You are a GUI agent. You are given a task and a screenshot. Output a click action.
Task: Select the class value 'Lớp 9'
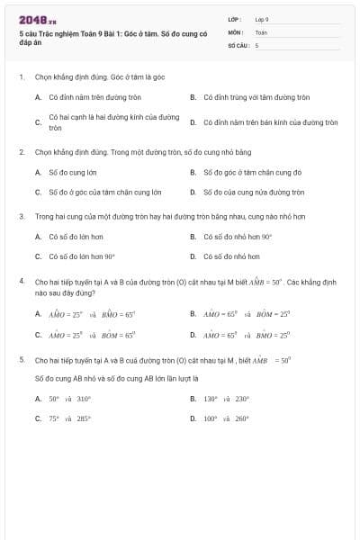pyautogui.click(x=262, y=19)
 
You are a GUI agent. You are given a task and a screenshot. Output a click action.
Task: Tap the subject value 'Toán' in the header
pyautogui.click(x=261, y=31)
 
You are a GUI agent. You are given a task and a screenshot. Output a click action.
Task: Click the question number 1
pyautogui.click(x=21, y=77)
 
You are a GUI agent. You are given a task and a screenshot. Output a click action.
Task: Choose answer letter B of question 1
pyautogui.click(x=193, y=96)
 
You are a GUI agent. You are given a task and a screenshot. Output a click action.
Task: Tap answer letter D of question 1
pyautogui.click(x=193, y=121)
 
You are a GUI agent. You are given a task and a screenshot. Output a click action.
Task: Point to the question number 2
pyautogui.click(x=21, y=152)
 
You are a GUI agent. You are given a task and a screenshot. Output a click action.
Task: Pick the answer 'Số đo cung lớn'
pyautogui.click(x=73, y=171)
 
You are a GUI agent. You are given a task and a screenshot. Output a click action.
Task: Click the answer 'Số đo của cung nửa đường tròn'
pyautogui.click(x=254, y=192)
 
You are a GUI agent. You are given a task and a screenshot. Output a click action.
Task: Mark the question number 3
pyautogui.click(x=21, y=217)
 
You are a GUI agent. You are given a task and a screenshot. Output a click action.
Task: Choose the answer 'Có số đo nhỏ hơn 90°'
pyautogui.click(x=238, y=237)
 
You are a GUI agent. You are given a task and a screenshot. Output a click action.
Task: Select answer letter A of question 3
pyautogui.click(x=38, y=237)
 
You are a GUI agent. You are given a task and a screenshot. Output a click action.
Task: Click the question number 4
pyautogui.click(x=21, y=281)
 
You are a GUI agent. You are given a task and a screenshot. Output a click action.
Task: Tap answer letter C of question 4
pyautogui.click(x=38, y=334)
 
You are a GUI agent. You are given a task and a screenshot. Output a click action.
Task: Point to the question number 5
pyautogui.click(x=21, y=359)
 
